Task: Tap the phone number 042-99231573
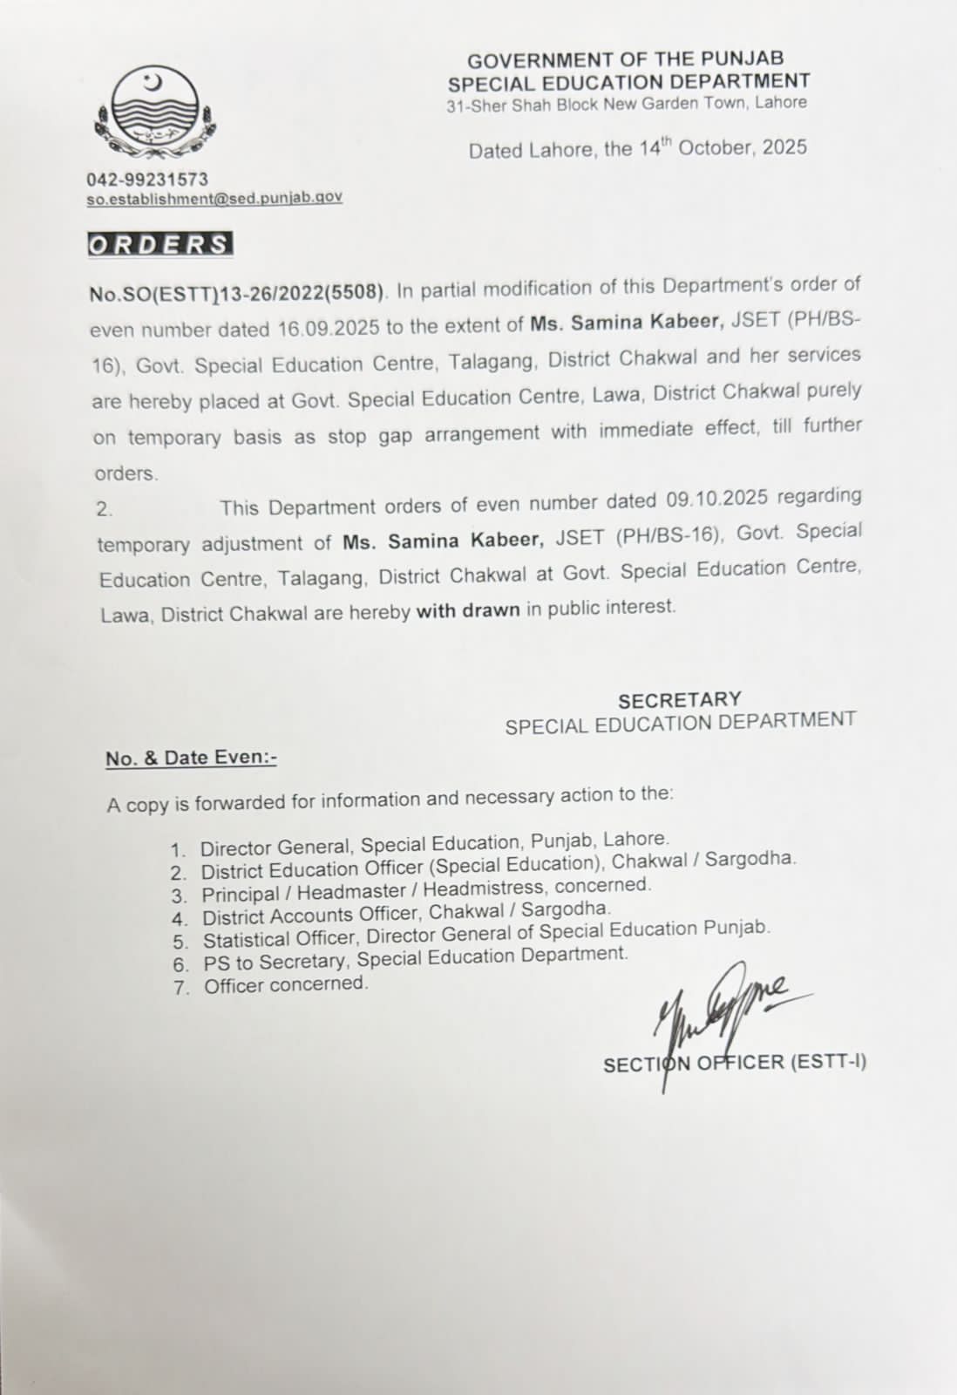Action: pyautogui.click(x=147, y=179)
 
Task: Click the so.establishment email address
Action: pyautogui.click(x=214, y=198)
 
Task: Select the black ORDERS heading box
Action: pyautogui.click(x=160, y=244)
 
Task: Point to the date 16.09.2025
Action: pyautogui.click(x=329, y=328)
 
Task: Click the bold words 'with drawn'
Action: pyautogui.click(x=467, y=610)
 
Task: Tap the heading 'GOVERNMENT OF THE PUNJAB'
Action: pyautogui.click(x=625, y=60)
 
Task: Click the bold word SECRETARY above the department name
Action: pyautogui.click(x=680, y=700)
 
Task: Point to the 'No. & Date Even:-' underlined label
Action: pyautogui.click(x=191, y=758)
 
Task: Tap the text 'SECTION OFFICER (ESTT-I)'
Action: pyautogui.click(x=734, y=1063)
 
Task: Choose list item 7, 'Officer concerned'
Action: pyautogui.click(x=286, y=985)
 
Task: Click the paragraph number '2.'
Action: pyautogui.click(x=105, y=510)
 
